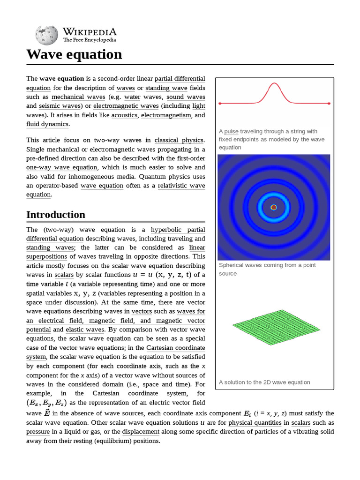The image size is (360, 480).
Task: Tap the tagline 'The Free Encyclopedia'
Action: [x=90, y=40]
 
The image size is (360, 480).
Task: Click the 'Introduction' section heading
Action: [x=56, y=215]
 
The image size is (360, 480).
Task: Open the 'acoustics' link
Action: [x=124, y=115]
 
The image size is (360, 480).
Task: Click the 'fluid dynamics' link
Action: [x=47, y=124]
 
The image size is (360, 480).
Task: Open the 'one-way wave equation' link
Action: [x=62, y=167]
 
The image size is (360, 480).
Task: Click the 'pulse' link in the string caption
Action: [x=231, y=131]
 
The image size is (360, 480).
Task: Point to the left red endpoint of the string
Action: [x=220, y=103]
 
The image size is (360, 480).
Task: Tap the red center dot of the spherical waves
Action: [x=274, y=207]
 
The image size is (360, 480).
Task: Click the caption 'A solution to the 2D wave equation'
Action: [x=264, y=382]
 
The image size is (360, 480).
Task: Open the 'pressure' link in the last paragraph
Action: [x=38, y=432]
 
